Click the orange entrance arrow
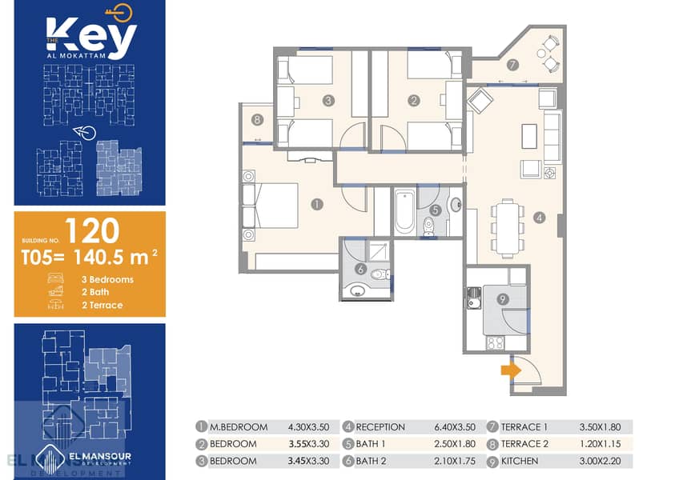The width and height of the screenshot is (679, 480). point(511,371)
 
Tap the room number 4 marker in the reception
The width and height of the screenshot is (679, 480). point(539,218)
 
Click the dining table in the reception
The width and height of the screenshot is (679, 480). point(508,228)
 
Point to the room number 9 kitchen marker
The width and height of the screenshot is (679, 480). point(503,299)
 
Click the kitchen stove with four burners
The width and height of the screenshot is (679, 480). point(496,342)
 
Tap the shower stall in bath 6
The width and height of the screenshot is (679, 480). point(379,250)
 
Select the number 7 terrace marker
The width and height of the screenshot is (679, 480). point(512,65)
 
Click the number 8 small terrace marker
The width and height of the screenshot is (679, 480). point(257,119)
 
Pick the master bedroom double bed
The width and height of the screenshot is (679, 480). point(270,206)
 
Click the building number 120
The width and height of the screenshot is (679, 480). point(92,230)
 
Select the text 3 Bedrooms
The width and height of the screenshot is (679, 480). point(107,280)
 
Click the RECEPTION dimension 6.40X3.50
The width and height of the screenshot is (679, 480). point(455,427)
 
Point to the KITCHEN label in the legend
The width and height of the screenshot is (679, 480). point(519,462)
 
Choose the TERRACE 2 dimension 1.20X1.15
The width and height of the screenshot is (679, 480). point(600,444)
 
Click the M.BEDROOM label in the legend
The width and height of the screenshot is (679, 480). point(239,427)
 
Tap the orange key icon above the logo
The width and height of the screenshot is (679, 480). point(119,13)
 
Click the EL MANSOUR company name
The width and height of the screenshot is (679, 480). point(100,456)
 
